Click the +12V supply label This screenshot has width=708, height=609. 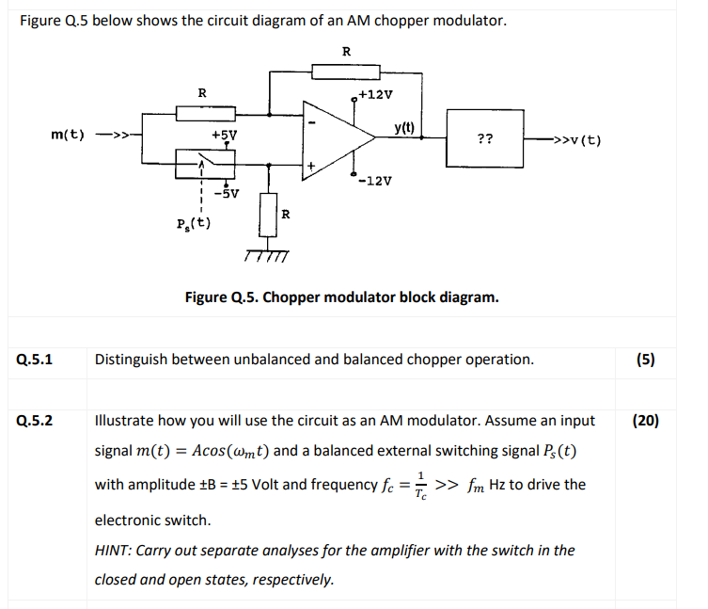click(x=376, y=95)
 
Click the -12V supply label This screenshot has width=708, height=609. click(x=376, y=180)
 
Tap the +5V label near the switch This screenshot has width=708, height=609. click(x=223, y=136)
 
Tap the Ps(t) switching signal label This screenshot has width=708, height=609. click(x=194, y=223)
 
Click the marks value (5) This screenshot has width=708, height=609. click(x=645, y=359)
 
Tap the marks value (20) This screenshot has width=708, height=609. click(x=645, y=420)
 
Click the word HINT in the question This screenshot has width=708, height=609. click(x=114, y=550)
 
